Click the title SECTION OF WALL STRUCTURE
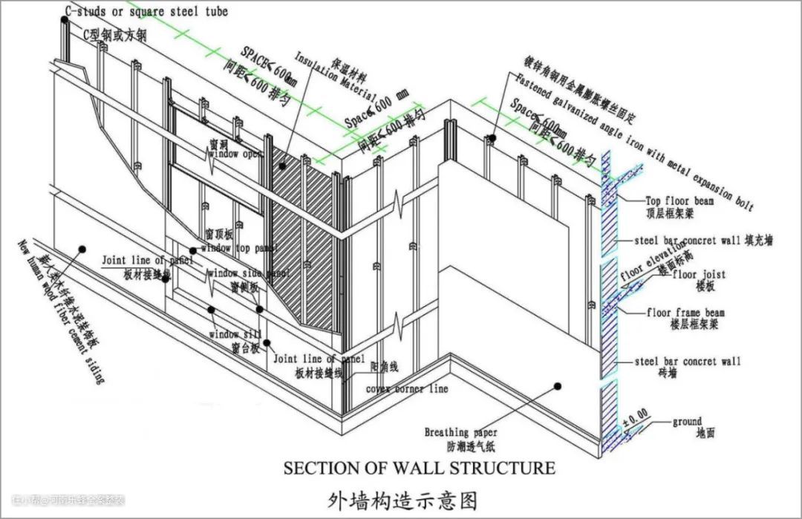420,468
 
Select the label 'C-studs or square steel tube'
146,12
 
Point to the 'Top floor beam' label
679,200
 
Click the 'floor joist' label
699,275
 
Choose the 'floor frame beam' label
685,313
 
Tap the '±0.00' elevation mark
635,413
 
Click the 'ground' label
687,422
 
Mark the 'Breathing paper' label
460,432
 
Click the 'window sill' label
235,335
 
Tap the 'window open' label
235,154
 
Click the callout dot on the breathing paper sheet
558,385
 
